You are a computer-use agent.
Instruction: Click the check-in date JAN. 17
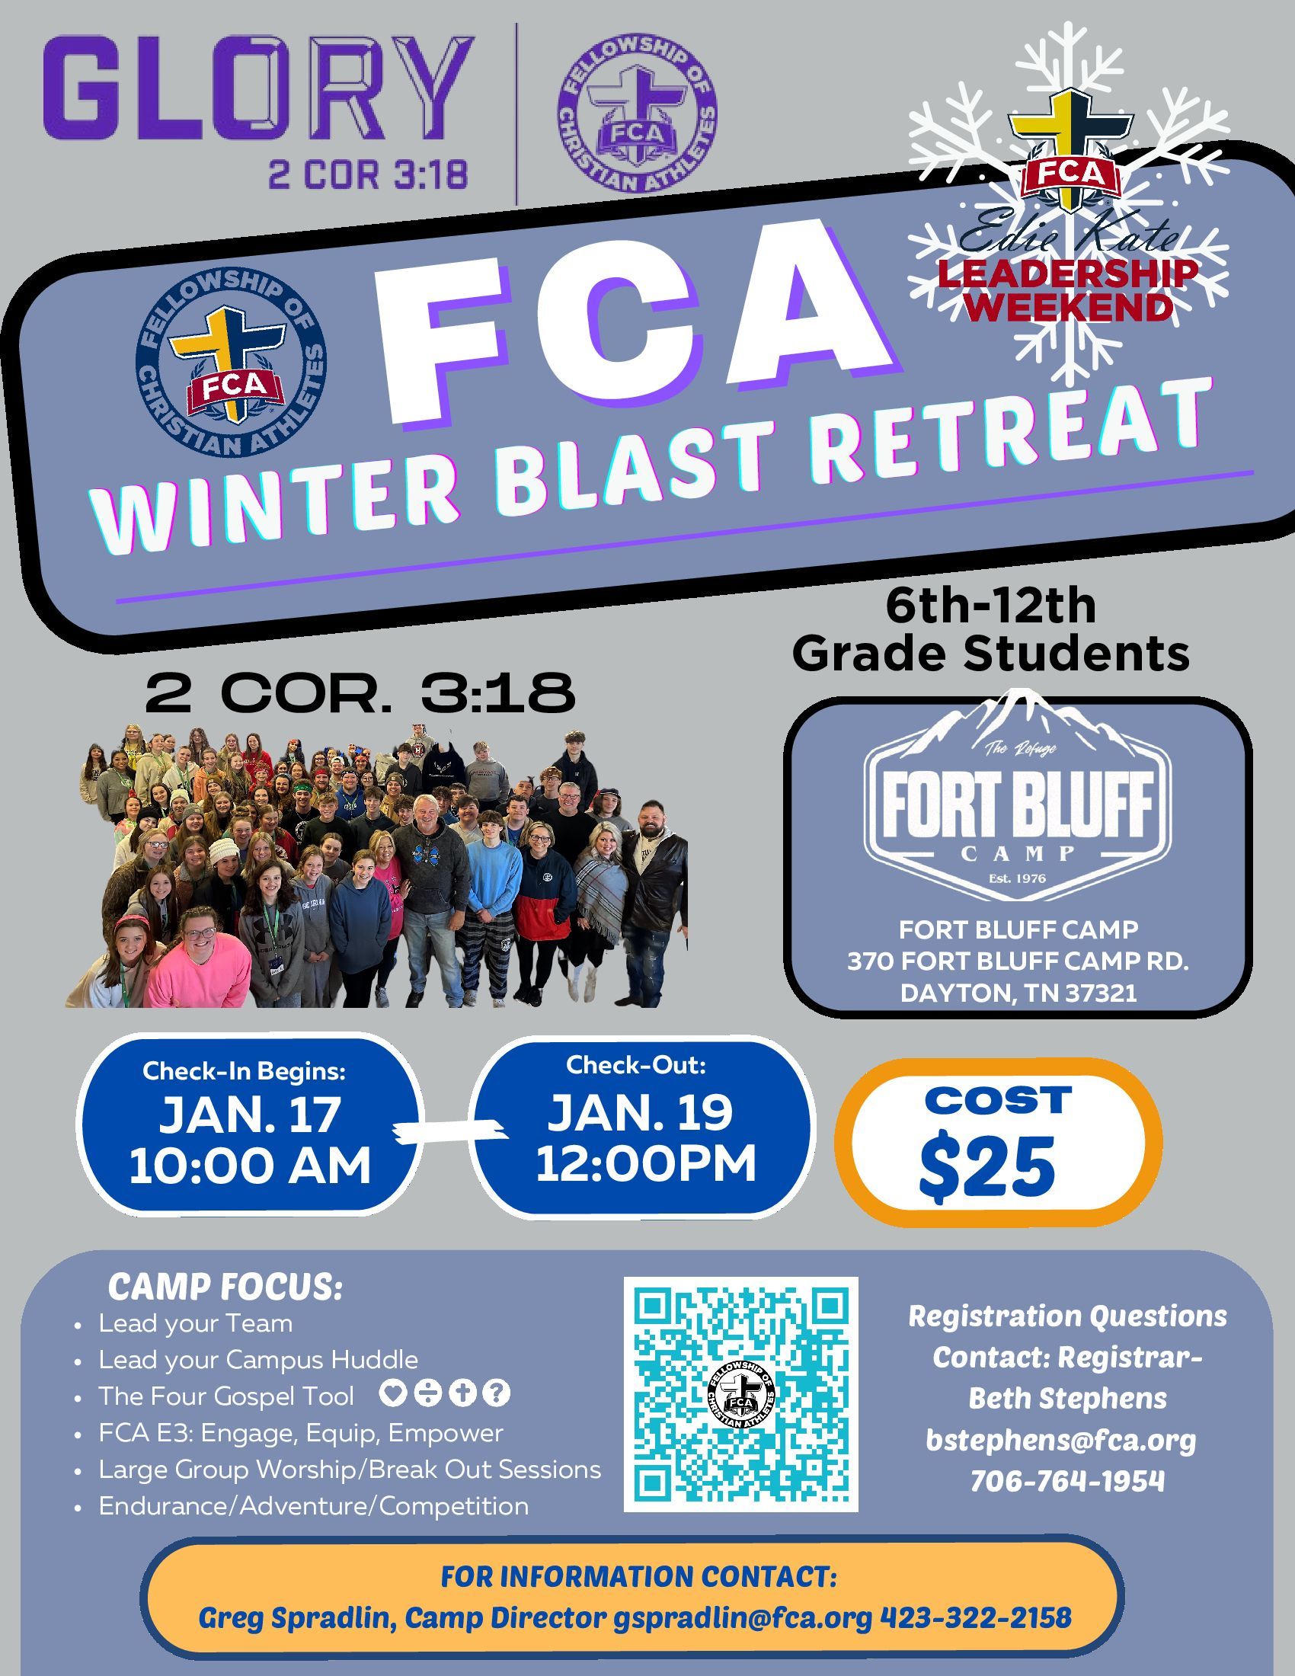(249, 1115)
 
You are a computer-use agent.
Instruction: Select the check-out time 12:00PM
(645, 1164)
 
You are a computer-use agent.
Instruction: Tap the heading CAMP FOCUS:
(225, 1287)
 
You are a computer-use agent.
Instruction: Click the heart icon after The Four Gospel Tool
(392, 1393)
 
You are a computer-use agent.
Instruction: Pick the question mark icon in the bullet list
(499, 1393)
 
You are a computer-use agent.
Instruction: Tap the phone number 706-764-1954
(1067, 1480)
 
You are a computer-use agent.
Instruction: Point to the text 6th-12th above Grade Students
(990, 607)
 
